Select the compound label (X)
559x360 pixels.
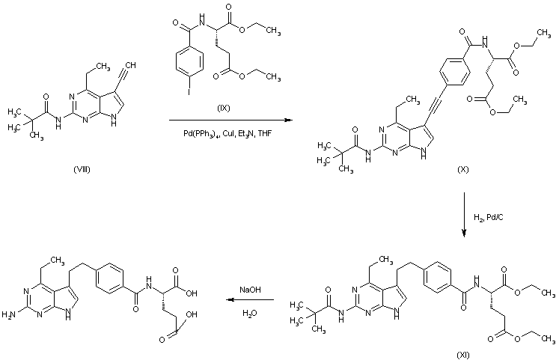pyautogui.click(x=463, y=171)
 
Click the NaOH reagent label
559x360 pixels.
pyautogui.click(x=249, y=288)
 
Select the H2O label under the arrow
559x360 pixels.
pyautogui.click(x=248, y=315)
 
